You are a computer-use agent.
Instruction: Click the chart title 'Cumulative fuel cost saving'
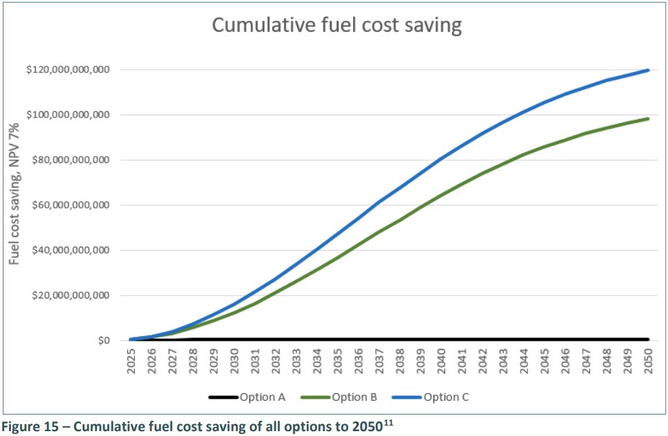click(x=336, y=26)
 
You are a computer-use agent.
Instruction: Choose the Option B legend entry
click(x=354, y=397)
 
